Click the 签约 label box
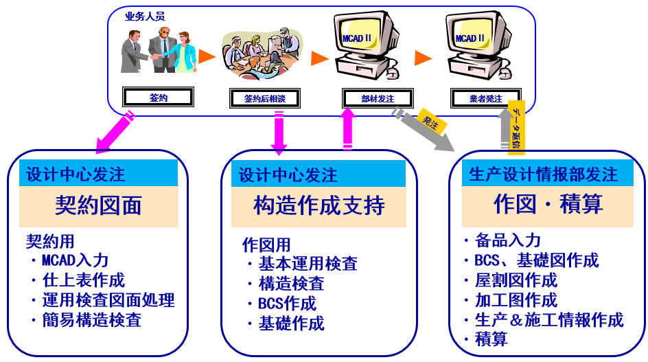158,97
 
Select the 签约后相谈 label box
264,98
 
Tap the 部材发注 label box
377,98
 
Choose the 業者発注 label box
487,98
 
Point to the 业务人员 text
144,16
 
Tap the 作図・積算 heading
548,204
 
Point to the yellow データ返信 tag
516,127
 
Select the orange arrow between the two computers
423,58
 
